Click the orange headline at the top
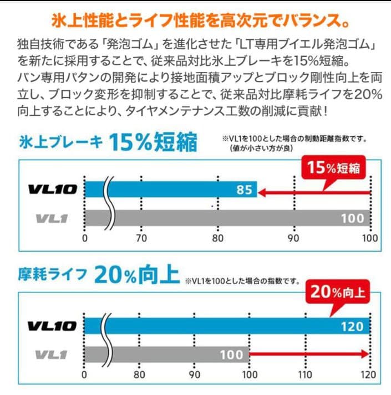(x=195, y=20)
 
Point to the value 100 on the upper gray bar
(x=352, y=218)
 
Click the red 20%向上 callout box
(x=338, y=292)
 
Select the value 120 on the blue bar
(x=352, y=326)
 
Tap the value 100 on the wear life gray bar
(x=231, y=353)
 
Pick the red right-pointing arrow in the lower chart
(x=311, y=353)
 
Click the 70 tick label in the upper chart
(x=141, y=238)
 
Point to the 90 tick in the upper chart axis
(x=293, y=238)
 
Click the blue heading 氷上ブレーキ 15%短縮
(x=108, y=143)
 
